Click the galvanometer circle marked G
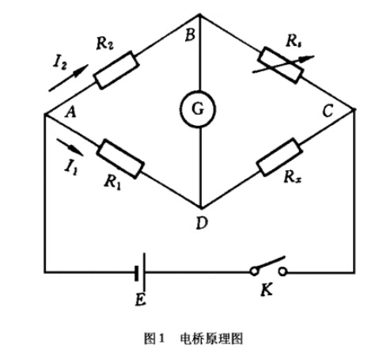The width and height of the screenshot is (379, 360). coord(199,109)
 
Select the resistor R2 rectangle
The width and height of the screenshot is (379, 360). coord(116,70)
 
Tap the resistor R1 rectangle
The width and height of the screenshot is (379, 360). coord(120,159)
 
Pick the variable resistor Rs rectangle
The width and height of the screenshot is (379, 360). coord(281,65)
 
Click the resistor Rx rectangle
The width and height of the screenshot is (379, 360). coord(279,157)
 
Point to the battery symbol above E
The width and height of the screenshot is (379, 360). coord(140,272)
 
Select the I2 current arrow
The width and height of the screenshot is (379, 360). coord(68,78)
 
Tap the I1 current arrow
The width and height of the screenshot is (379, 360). coord(70,147)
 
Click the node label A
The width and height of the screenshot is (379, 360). coord(70,113)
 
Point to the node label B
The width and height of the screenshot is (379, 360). coord(190,35)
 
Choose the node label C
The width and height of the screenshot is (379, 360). coord(328,111)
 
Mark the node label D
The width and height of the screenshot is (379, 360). coord(202,223)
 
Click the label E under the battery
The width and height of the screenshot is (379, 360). coord(140,300)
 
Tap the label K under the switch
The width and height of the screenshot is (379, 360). coord(267,290)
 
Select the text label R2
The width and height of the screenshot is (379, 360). coord(105,44)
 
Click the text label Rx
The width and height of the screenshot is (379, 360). coord(292,177)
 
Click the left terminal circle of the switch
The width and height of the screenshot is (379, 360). coord(254,271)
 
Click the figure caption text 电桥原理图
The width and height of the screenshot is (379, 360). coord(211,339)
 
